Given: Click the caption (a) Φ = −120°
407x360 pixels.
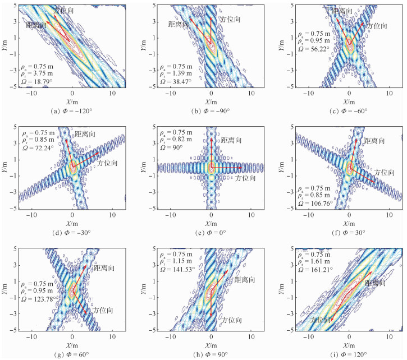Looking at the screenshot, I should tap(71, 110).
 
